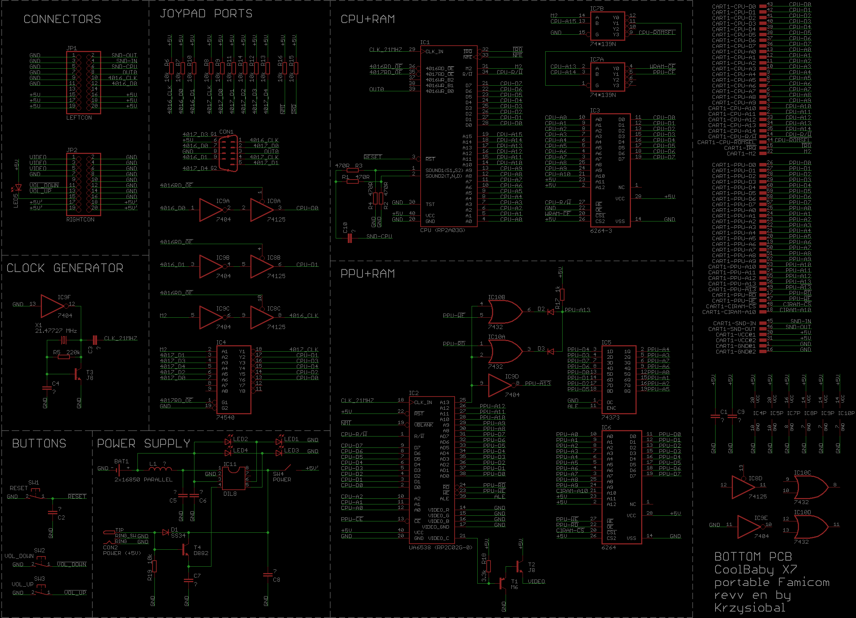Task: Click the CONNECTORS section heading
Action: [62, 19]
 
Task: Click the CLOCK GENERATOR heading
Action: [65, 268]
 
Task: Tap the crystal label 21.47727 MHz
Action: [56, 331]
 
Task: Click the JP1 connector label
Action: [72, 48]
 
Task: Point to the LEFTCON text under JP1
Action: [79, 118]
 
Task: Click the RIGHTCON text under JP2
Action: [80, 220]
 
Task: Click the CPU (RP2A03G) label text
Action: [443, 230]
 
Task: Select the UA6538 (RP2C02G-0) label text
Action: [440, 547]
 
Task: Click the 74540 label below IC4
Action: [225, 418]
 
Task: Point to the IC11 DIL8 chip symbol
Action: [233, 478]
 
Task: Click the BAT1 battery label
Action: [121, 461]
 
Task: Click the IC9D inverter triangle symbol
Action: [500, 385]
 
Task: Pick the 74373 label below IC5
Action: [610, 418]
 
